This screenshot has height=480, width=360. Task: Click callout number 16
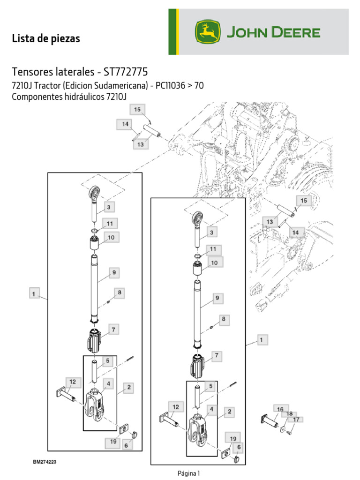pos(280,409)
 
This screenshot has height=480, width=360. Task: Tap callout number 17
pos(296,420)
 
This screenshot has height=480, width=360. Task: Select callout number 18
pos(289,414)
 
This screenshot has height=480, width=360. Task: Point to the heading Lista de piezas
pos(46,39)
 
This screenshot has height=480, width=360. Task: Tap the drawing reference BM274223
pos(45,462)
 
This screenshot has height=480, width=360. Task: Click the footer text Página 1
pos(189,473)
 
